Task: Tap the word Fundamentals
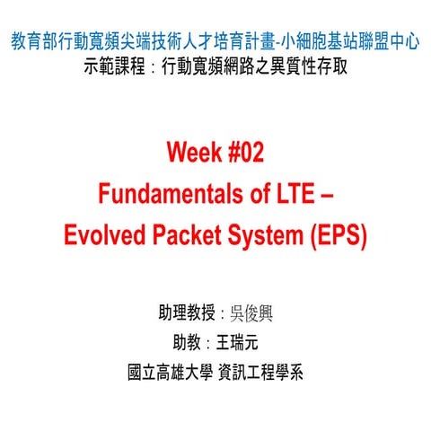click(161, 194)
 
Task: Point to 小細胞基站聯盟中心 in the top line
click(347, 40)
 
